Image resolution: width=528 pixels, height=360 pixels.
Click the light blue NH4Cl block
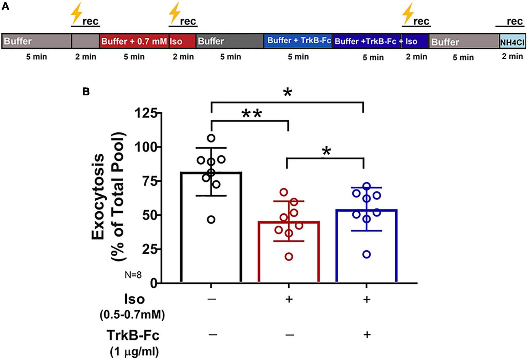(512, 42)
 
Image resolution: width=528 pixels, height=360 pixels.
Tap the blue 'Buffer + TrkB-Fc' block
(298, 41)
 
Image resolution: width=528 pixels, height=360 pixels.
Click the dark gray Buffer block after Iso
(230, 41)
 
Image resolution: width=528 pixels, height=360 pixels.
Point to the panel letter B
(86, 92)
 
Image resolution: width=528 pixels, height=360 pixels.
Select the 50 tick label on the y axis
(148, 215)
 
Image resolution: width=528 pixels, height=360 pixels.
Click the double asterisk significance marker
(252, 114)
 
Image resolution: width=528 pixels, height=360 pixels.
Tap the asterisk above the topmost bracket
(288, 93)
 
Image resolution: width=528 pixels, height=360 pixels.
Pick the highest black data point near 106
(211, 138)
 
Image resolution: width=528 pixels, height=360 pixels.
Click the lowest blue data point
(367, 255)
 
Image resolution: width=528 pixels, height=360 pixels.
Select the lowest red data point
(289, 257)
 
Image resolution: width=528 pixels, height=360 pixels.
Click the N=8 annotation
(133, 274)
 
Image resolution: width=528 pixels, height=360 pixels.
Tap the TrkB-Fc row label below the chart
(133, 336)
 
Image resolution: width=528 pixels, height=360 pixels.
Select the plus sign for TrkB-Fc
(367, 335)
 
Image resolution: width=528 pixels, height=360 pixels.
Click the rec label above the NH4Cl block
(515, 21)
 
